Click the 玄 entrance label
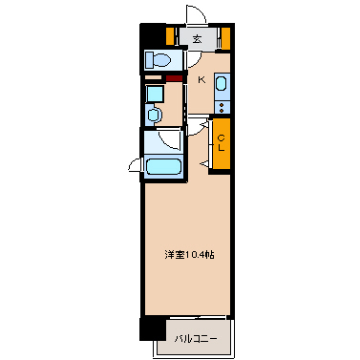196,39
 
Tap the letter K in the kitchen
201,80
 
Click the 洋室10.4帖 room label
188,254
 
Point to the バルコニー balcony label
195,338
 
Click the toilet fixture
159,60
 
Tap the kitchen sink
222,85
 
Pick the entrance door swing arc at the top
197,15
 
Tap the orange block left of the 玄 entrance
170,38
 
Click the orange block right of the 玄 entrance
226,38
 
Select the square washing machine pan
153,95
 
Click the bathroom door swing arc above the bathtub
170,139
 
